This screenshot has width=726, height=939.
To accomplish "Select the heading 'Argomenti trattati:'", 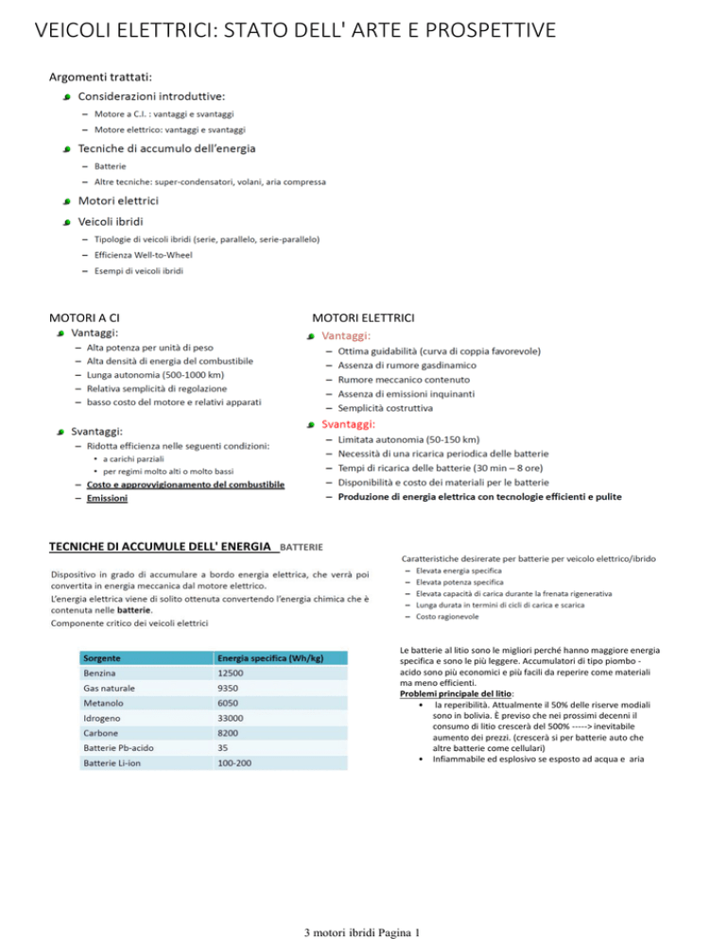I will click(101, 75).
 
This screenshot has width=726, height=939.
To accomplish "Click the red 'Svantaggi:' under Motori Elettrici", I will click(347, 424).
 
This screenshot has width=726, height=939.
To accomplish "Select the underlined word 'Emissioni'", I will click(107, 497).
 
